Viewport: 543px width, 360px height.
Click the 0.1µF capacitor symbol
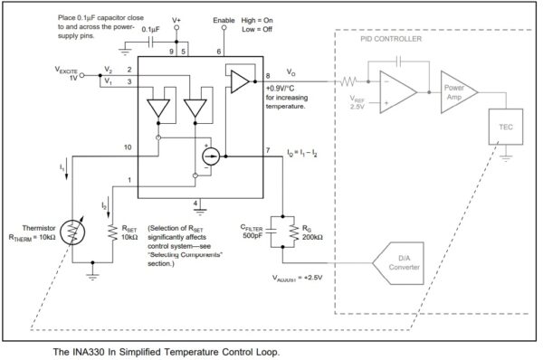[x=150, y=43]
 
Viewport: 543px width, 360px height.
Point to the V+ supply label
[x=176, y=19]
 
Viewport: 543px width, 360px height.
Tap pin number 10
[x=128, y=146]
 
